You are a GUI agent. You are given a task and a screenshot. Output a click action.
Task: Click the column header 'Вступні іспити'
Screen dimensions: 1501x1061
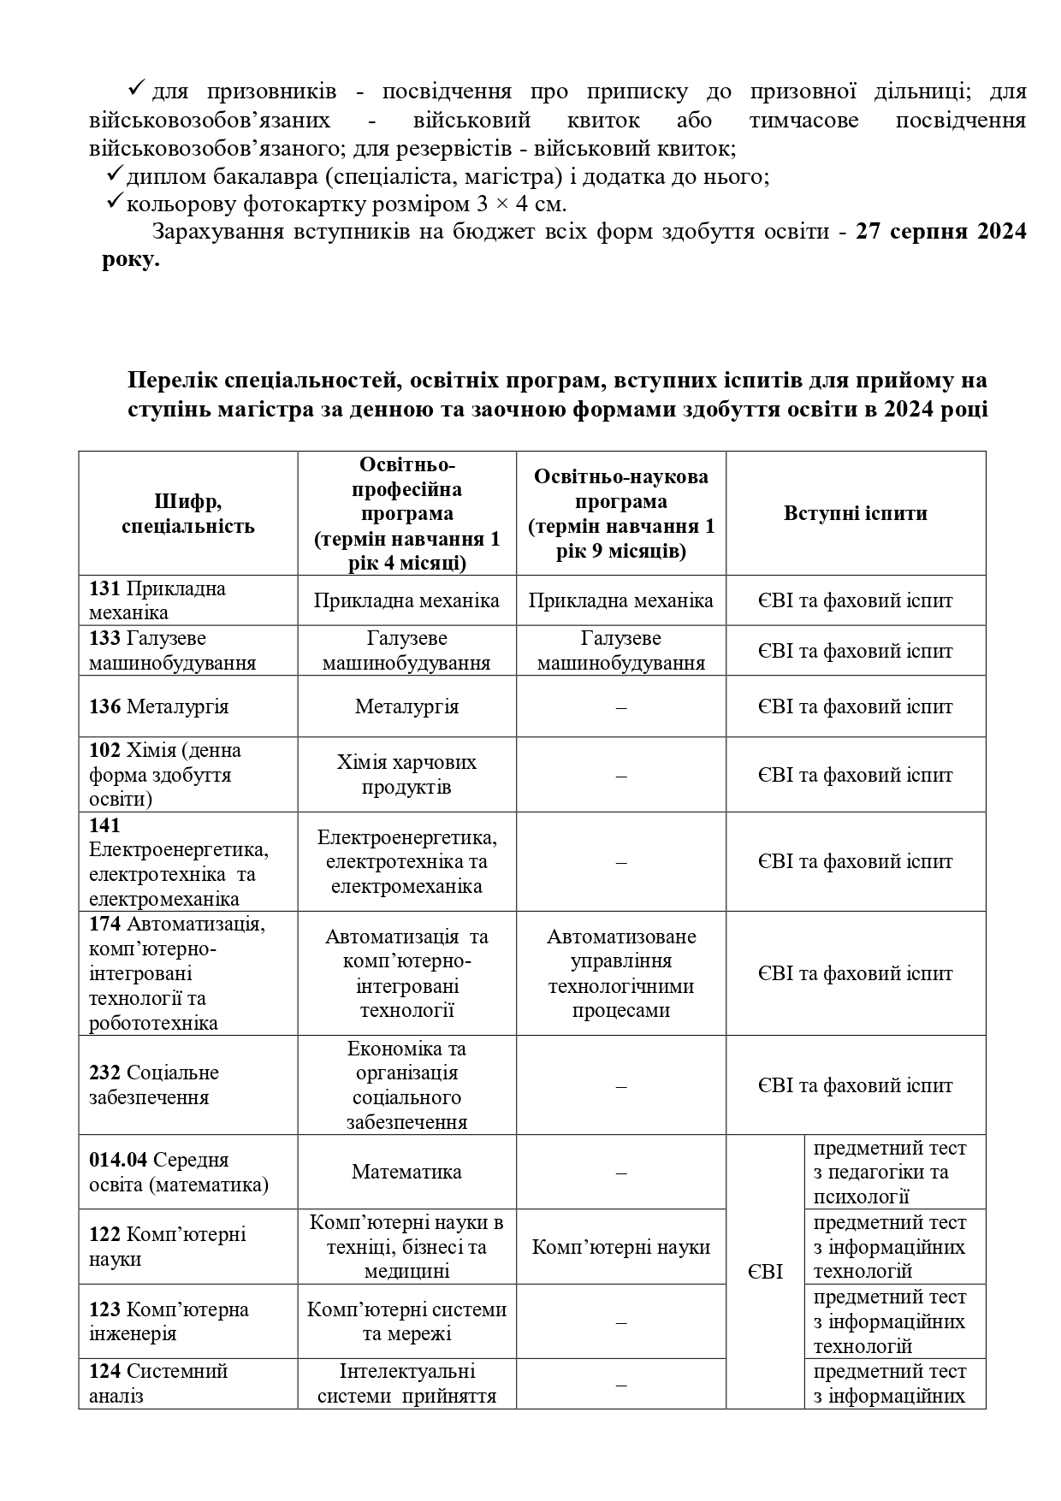click(x=855, y=513)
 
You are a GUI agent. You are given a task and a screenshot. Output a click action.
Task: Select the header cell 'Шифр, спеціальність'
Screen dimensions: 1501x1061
click(x=188, y=513)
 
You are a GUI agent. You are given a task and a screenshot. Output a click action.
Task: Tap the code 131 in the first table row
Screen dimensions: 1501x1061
click(x=105, y=588)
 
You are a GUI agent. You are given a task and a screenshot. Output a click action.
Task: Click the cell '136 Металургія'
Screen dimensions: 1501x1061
click(x=159, y=706)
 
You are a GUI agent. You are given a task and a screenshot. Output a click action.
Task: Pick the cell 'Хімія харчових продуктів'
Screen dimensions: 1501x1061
click(x=406, y=774)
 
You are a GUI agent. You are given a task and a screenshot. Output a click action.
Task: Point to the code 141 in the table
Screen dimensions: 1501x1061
click(x=104, y=825)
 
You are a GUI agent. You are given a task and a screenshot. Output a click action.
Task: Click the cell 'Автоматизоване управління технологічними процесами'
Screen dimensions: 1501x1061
click(x=621, y=973)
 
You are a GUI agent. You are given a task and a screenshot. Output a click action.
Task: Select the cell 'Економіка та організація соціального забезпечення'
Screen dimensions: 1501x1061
click(x=406, y=1085)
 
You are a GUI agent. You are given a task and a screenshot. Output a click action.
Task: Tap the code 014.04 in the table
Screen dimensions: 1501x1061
click(x=118, y=1160)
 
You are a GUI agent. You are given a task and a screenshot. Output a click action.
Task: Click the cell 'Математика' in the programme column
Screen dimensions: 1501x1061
click(x=406, y=1172)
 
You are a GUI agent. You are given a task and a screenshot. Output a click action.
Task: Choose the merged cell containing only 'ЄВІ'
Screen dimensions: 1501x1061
click(x=765, y=1272)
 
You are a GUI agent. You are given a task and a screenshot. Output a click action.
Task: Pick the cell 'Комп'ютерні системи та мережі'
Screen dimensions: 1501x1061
click(x=406, y=1321)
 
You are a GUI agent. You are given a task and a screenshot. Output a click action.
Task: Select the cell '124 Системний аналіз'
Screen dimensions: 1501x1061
click(x=159, y=1383)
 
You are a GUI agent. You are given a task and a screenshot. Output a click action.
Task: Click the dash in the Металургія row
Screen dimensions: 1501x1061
click(x=621, y=707)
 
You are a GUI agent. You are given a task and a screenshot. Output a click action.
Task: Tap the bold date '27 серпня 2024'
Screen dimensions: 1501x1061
click(x=940, y=232)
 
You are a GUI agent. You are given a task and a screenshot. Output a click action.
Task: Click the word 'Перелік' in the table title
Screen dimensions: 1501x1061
click(x=172, y=380)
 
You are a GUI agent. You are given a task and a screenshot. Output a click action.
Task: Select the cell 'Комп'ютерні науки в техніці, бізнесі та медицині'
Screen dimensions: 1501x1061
click(x=406, y=1246)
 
